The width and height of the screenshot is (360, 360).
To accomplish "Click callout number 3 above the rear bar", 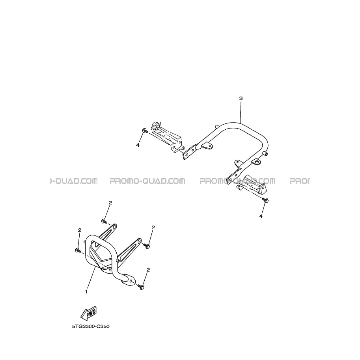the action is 241,98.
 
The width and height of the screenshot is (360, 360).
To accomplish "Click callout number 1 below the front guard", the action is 86,292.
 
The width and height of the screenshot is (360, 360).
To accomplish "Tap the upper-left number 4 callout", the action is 138,145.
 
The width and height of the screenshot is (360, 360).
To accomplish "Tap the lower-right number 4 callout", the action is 261,216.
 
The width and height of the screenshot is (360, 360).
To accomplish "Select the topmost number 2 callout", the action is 110,203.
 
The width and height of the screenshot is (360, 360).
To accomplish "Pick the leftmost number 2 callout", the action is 80,230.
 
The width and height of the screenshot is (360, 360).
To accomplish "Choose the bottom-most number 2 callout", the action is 148,270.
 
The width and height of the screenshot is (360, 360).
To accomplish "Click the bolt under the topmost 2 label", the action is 104,221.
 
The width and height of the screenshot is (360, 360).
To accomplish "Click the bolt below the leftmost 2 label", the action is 78,250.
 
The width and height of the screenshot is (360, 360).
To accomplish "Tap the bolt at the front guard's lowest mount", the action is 141,287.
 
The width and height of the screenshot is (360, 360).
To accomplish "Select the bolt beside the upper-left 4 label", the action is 145,131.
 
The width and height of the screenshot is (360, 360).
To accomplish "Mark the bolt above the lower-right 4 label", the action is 265,200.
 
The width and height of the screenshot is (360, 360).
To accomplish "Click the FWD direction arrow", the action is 89,313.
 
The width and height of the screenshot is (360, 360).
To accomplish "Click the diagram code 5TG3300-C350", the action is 91,326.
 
